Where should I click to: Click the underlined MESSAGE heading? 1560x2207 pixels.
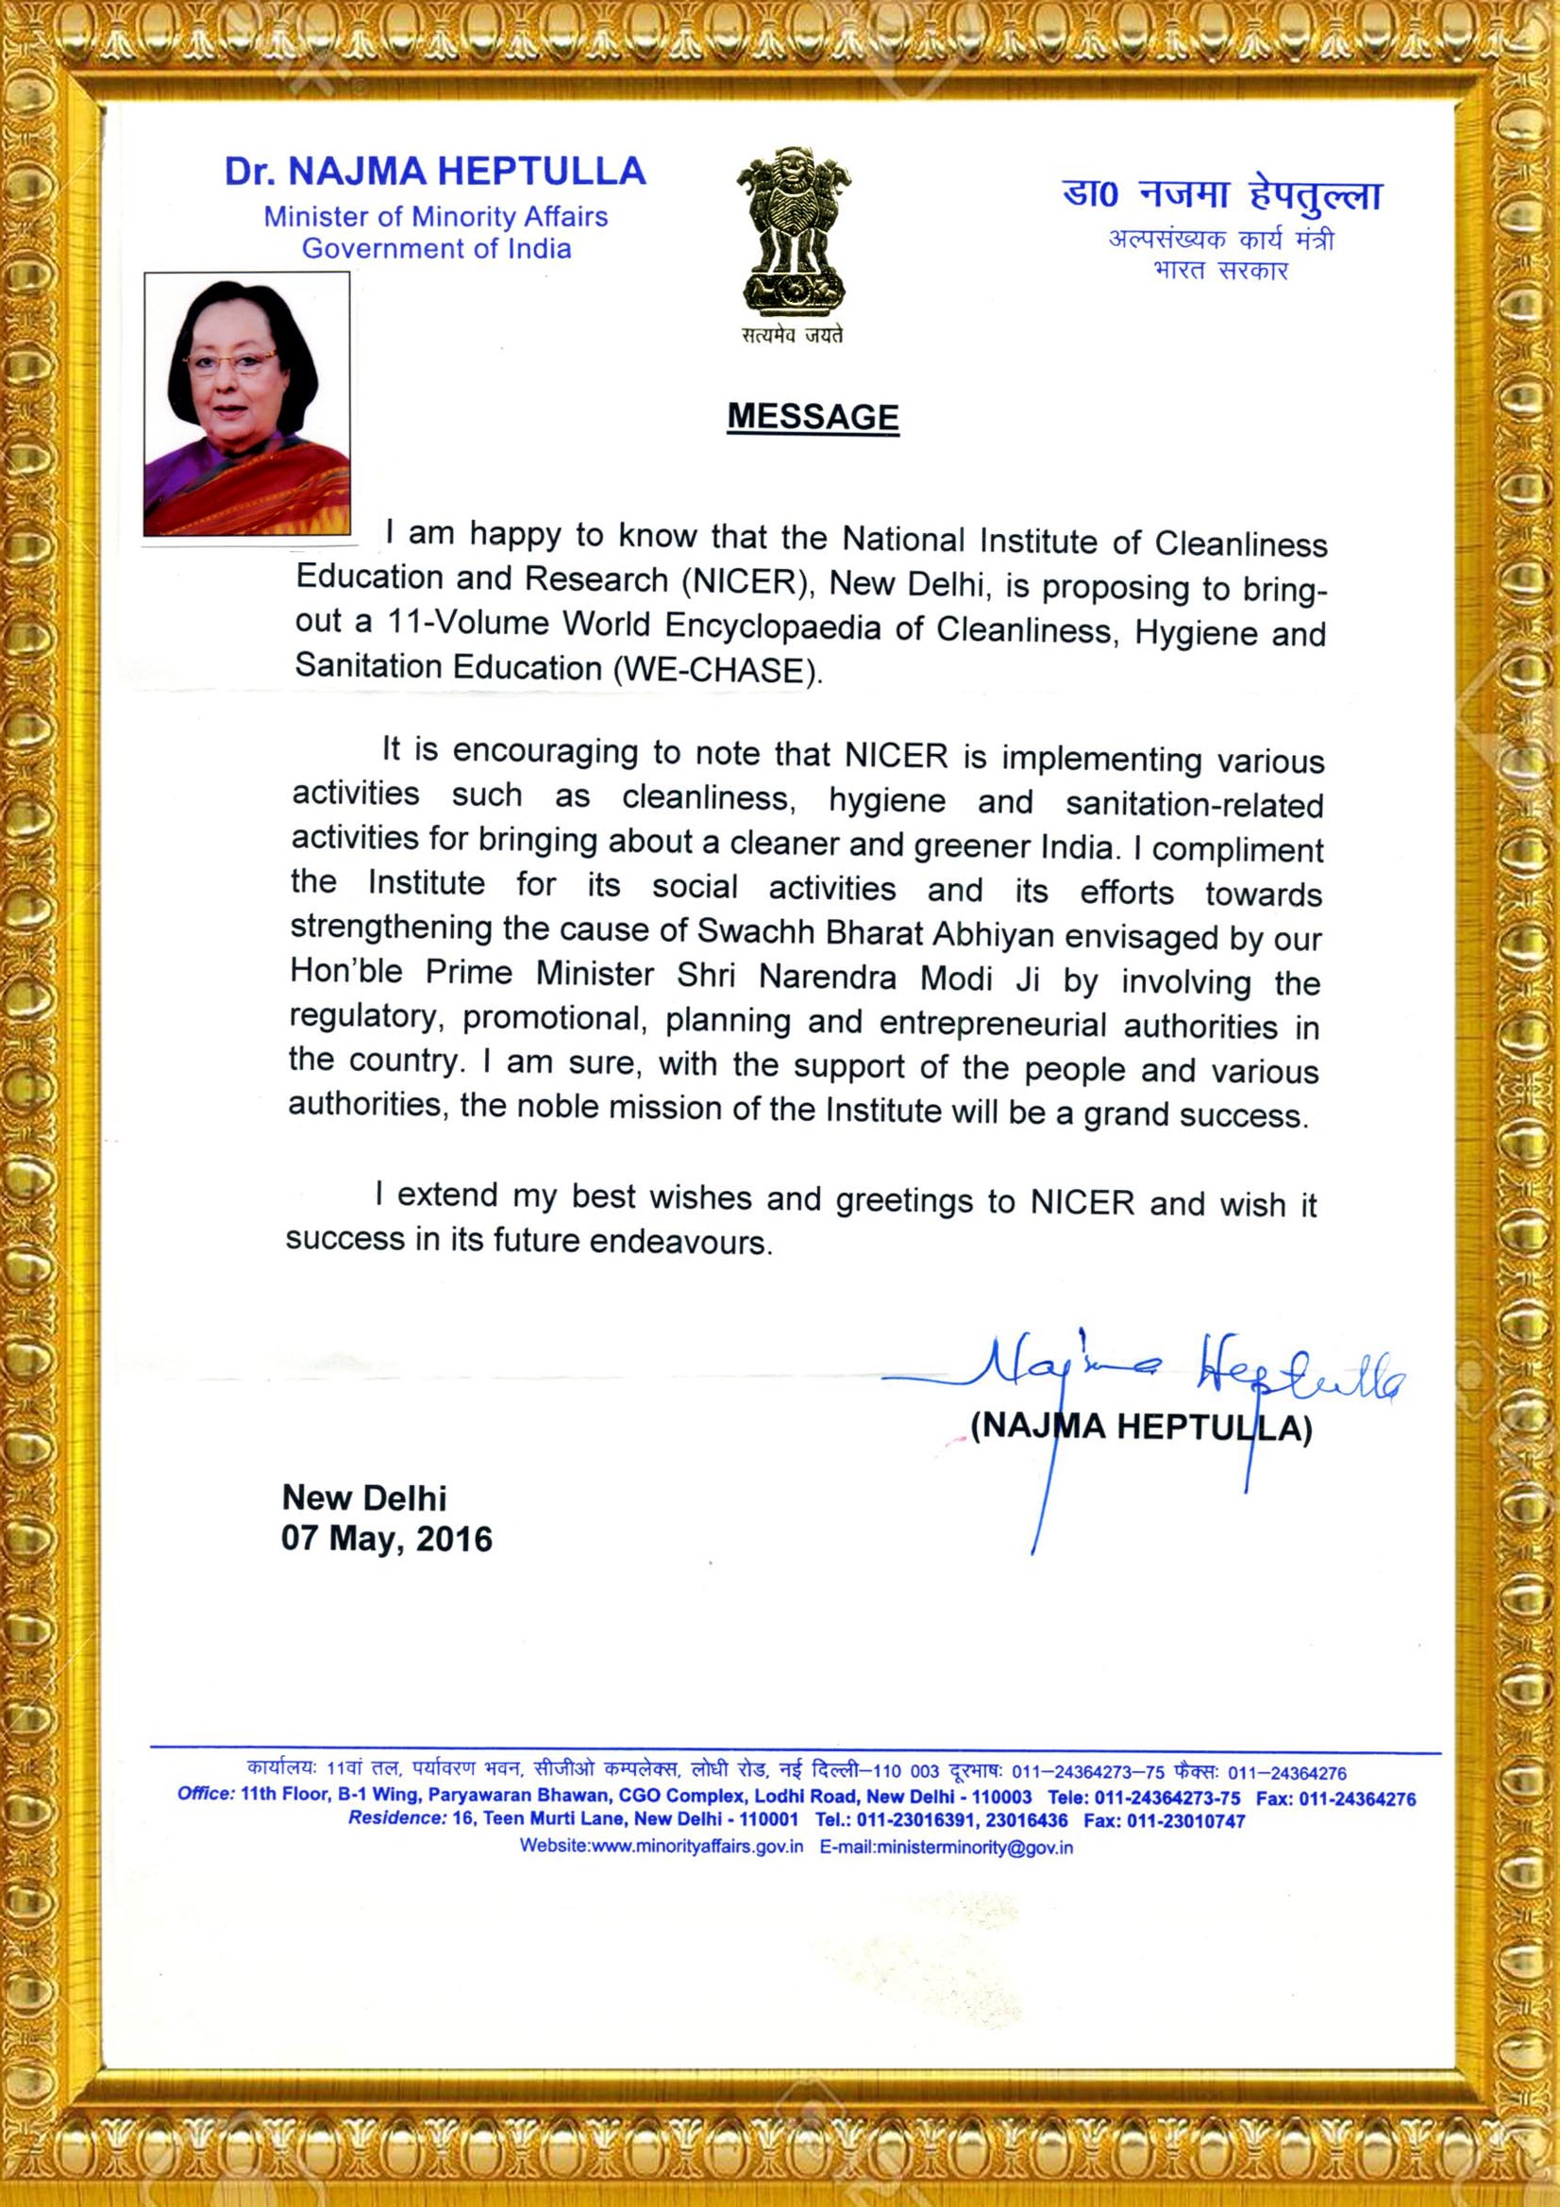click(x=813, y=416)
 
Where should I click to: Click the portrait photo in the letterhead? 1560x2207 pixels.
click(x=247, y=404)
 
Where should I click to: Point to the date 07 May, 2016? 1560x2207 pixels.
click(x=386, y=1539)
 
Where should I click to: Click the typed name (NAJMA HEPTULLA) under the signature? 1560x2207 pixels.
click(x=1141, y=1427)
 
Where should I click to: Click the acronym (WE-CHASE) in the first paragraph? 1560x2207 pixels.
click(x=718, y=670)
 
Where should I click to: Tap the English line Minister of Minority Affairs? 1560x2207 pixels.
click(x=435, y=217)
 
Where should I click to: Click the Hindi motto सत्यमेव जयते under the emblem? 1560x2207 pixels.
click(x=792, y=336)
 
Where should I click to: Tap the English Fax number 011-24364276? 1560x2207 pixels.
click(x=1357, y=1797)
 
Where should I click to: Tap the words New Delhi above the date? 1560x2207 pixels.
click(x=363, y=1497)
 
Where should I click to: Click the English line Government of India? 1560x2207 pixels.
click(x=436, y=249)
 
